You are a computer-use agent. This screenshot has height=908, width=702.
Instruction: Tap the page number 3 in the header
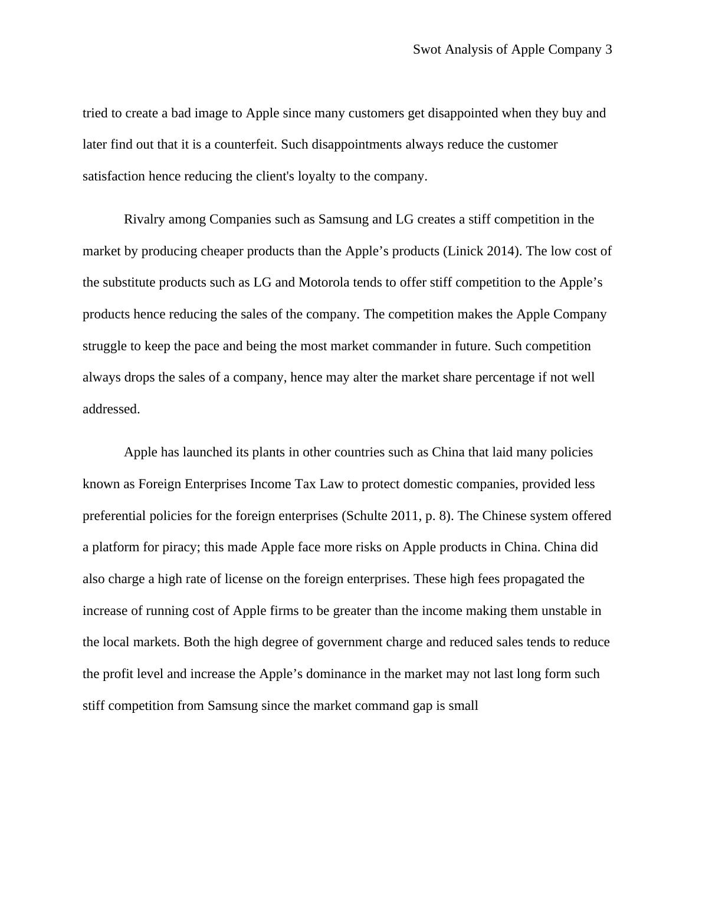[x=608, y=50]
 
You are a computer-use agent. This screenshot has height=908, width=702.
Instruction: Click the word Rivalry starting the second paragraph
[x=145, y=219]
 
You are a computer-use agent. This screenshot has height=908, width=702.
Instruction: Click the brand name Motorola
[x=324, y=282]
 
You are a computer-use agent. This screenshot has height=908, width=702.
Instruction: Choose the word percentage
[x=505, y=377]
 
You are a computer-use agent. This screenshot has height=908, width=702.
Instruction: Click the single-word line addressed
[x=111, y=409]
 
